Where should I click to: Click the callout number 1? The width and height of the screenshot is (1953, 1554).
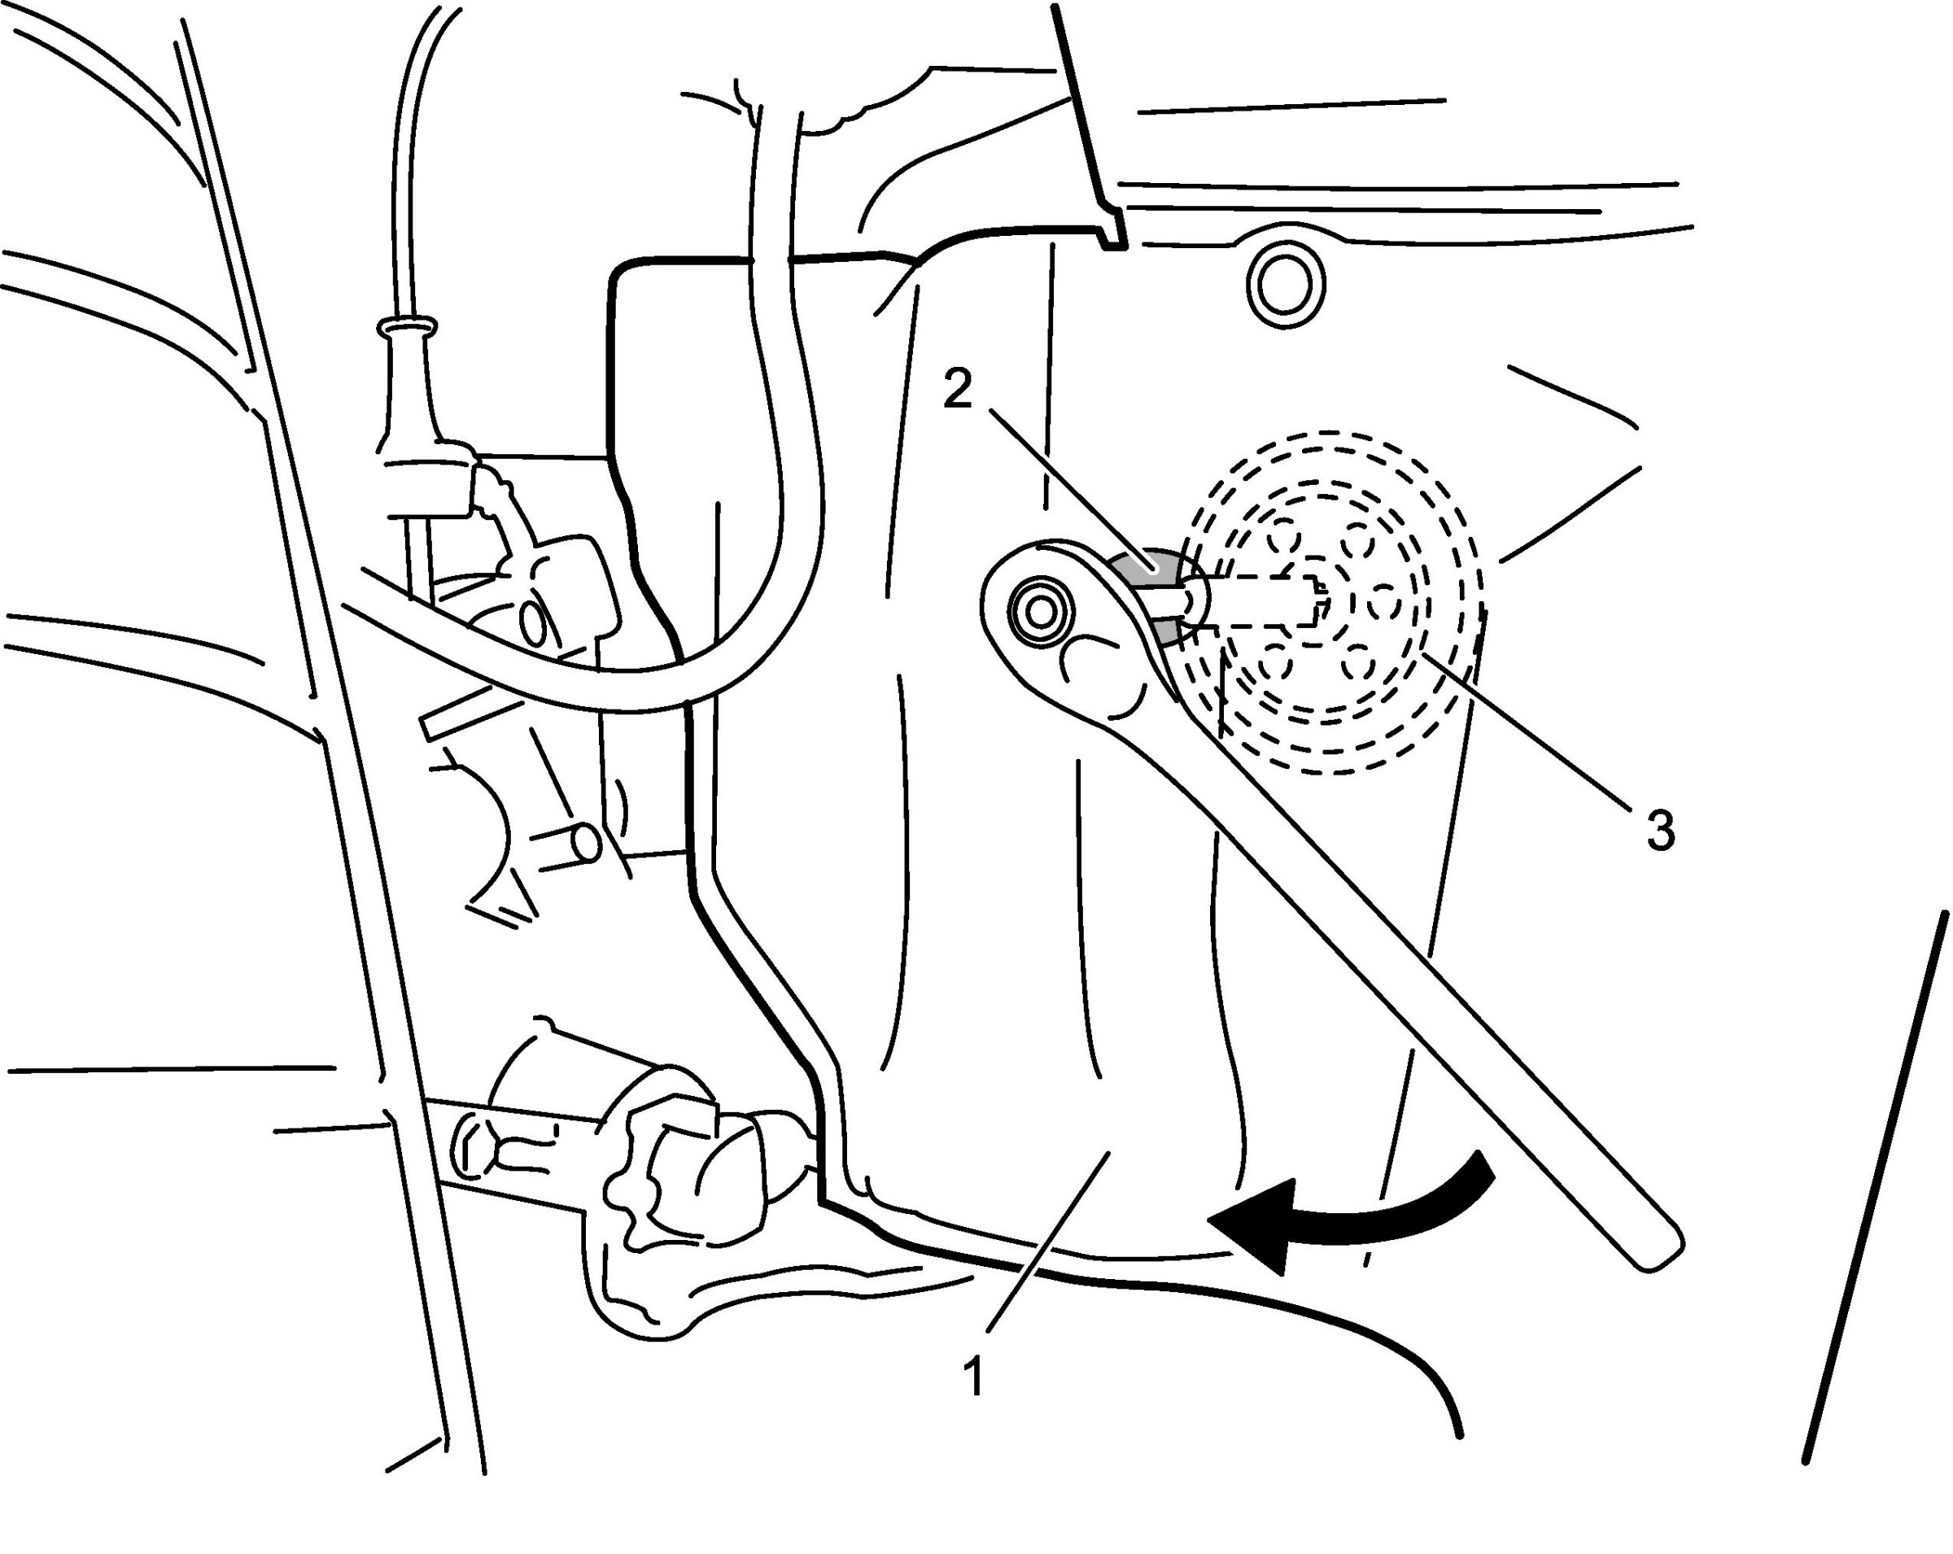(974, 1377)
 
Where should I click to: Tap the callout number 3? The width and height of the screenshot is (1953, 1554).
(1659, 830)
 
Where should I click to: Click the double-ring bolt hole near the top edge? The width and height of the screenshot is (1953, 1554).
(1286, 286)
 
